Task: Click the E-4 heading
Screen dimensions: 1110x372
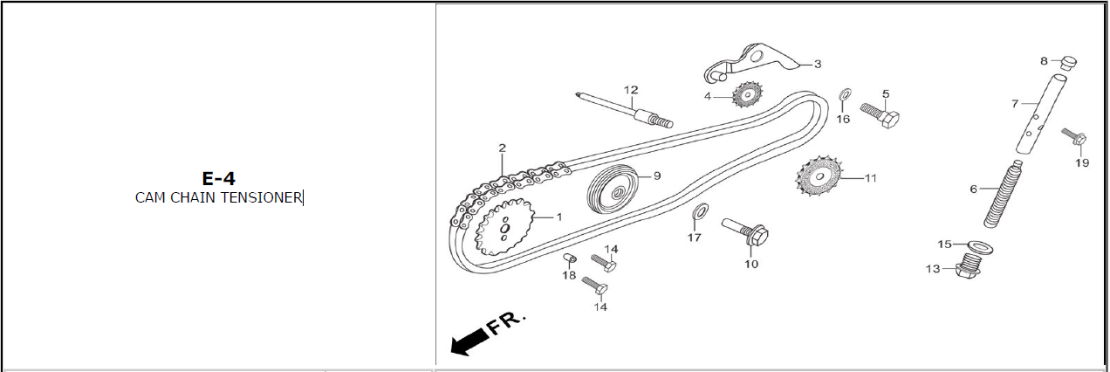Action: pos(218,178)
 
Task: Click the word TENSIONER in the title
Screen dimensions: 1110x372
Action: pos(261,198)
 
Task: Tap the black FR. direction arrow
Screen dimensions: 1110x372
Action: pos(469,341)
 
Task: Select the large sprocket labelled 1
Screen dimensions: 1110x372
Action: pos(505,228)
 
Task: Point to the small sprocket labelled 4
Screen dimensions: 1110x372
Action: pos(747,94)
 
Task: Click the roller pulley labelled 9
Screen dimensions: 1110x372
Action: pos(613,189)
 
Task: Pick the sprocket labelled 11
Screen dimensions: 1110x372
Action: pos(819,176)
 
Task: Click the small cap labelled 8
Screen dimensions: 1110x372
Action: pos(1068,64)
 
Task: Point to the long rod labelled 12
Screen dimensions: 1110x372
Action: pos(625,110)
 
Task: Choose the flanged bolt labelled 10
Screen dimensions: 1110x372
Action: pos(745,232)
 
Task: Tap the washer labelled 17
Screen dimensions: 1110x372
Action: pos(700,210)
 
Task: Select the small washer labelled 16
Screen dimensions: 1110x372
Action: pos(845,93)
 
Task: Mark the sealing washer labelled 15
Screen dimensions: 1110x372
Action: pos(981,246)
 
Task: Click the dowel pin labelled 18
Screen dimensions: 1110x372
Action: pos(570,258)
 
